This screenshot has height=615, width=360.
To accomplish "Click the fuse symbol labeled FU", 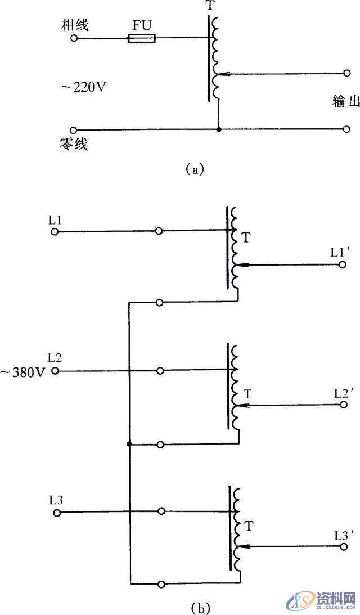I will point(142,39).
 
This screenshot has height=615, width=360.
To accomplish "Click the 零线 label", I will point(76,144).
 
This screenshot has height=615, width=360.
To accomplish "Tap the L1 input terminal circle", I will point(54,231).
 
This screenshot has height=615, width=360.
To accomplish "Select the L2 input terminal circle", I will point(55,371).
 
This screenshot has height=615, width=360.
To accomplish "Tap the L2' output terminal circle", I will point(343,405).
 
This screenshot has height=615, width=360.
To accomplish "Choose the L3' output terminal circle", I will point(343,545).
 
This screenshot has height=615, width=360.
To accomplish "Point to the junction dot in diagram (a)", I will point(218,129).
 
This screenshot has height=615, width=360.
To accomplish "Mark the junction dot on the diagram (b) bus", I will point(129,445).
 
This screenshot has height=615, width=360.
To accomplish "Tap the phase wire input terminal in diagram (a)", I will point(74,38).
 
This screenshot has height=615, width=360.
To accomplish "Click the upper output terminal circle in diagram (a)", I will point(346,73).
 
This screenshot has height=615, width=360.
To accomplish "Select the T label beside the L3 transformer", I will point(250,527).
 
